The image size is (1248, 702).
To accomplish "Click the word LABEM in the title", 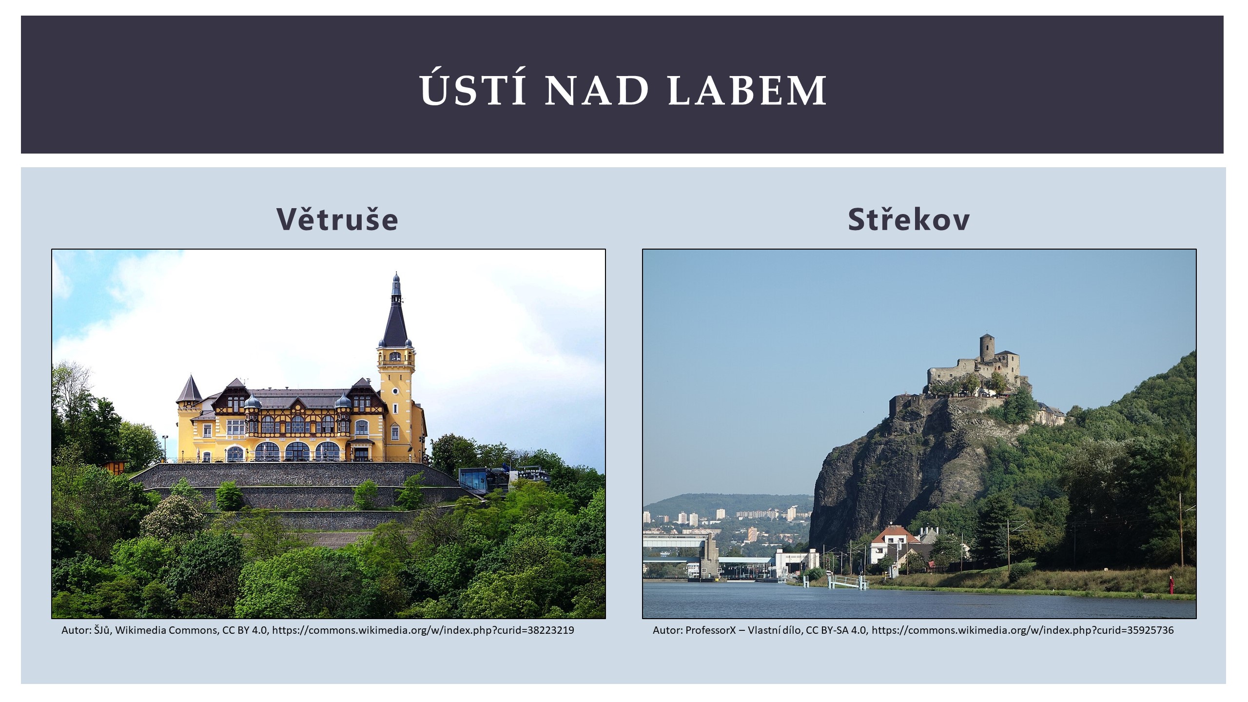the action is tap(747, 90).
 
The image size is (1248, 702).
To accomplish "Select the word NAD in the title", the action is tap(597, 90).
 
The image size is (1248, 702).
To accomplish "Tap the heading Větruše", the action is tap(337, 218).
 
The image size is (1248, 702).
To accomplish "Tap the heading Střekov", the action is tap(909, 218).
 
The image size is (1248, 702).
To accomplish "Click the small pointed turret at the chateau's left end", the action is tap(189, 389).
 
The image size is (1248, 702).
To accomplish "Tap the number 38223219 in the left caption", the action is tap(551, 630).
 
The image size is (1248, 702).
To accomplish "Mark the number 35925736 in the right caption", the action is tap(1150, 630).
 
